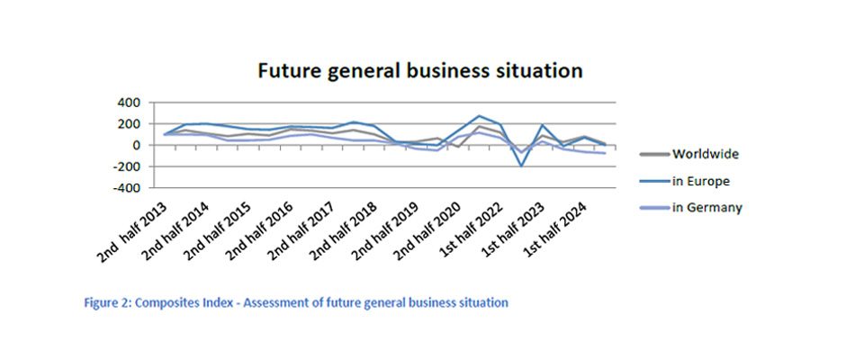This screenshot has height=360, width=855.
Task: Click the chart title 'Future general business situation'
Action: click(420, 70)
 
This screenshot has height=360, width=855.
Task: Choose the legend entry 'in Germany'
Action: click(706, 208)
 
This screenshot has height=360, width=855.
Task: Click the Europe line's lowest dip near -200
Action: click(521, 166)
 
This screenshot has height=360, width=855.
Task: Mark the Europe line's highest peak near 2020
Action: click(479, 116)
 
